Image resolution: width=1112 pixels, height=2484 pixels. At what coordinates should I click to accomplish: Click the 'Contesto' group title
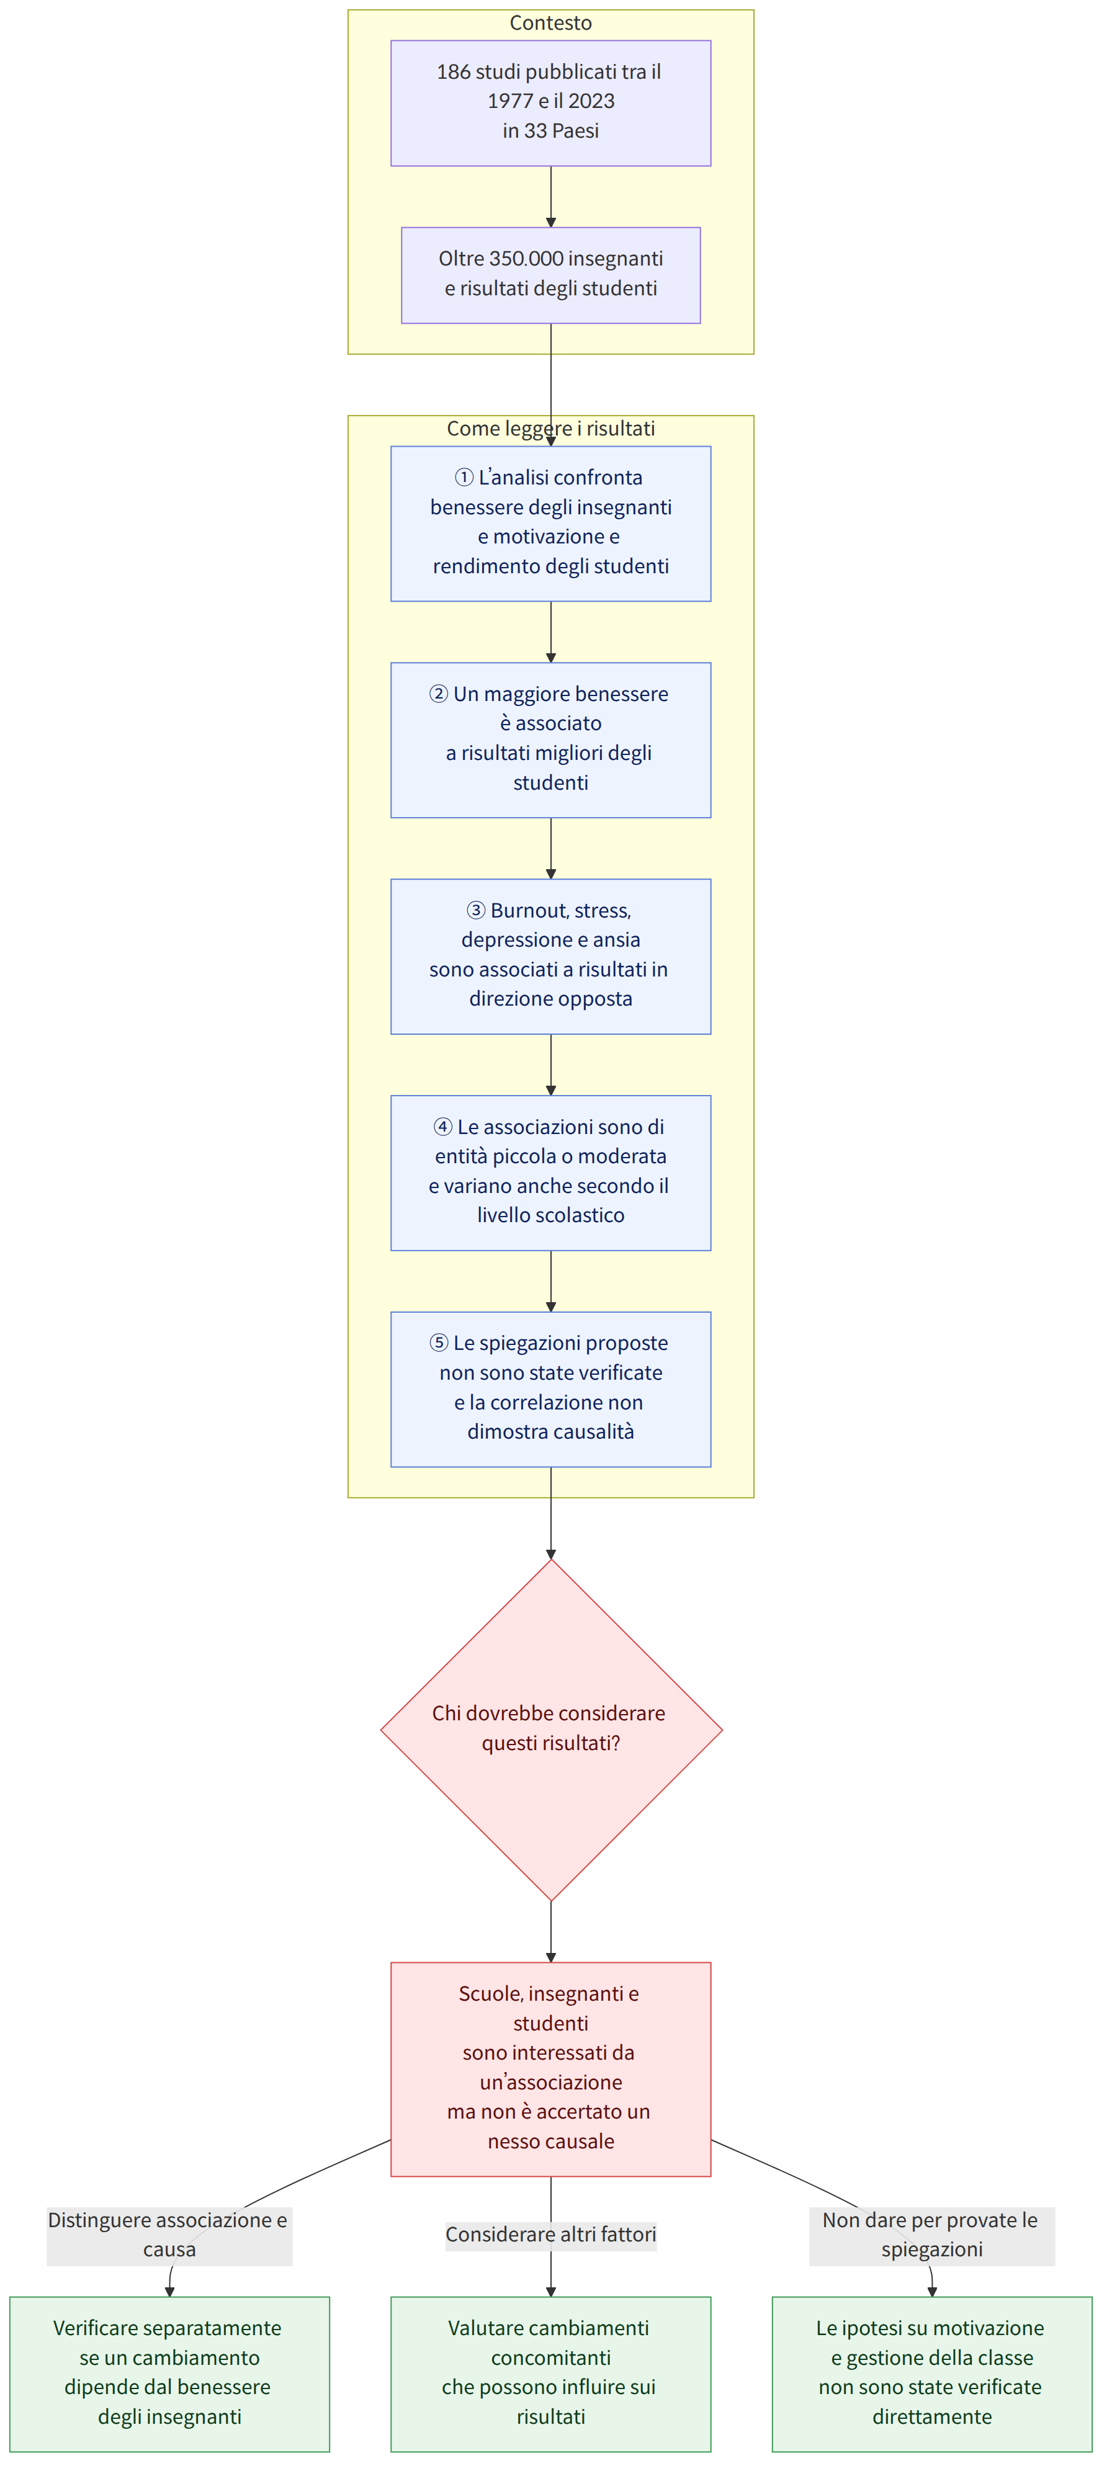[550, 23]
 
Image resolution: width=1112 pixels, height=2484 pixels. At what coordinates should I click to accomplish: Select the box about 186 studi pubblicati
[550, 103]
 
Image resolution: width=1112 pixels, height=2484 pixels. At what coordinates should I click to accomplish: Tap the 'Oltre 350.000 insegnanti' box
[550, 275]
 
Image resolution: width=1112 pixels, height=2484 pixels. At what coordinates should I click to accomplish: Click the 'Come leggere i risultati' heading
[550, 428]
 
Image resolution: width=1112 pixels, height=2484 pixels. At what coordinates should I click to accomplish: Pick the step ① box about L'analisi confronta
[550, 524]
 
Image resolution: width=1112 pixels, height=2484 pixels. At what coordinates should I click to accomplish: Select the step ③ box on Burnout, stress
[550, 957]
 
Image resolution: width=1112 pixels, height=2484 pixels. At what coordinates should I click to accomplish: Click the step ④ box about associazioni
[550, 1173]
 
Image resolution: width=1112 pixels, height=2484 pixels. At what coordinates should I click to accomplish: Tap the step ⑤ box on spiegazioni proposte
[550, 1390]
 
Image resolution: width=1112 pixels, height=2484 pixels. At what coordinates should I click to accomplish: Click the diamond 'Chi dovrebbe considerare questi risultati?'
[550, 1730]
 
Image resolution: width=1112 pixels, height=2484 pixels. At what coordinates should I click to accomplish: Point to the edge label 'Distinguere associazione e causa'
[169, 2234]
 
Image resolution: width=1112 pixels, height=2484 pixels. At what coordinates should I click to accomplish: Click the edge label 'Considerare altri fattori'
[550, 2234]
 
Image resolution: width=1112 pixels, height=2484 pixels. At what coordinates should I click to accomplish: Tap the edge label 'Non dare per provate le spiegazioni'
[931, 2234]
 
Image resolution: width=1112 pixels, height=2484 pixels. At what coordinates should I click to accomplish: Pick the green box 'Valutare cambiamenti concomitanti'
[550, 2374]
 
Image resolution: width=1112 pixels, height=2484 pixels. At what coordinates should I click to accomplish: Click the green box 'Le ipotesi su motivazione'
[931, 2374]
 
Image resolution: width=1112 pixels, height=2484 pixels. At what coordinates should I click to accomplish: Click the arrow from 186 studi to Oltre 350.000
[550, 197]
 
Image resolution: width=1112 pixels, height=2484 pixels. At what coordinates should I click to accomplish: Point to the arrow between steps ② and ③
[550, 849]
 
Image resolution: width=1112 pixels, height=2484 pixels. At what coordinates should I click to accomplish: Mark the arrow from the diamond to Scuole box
[550, 1931]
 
